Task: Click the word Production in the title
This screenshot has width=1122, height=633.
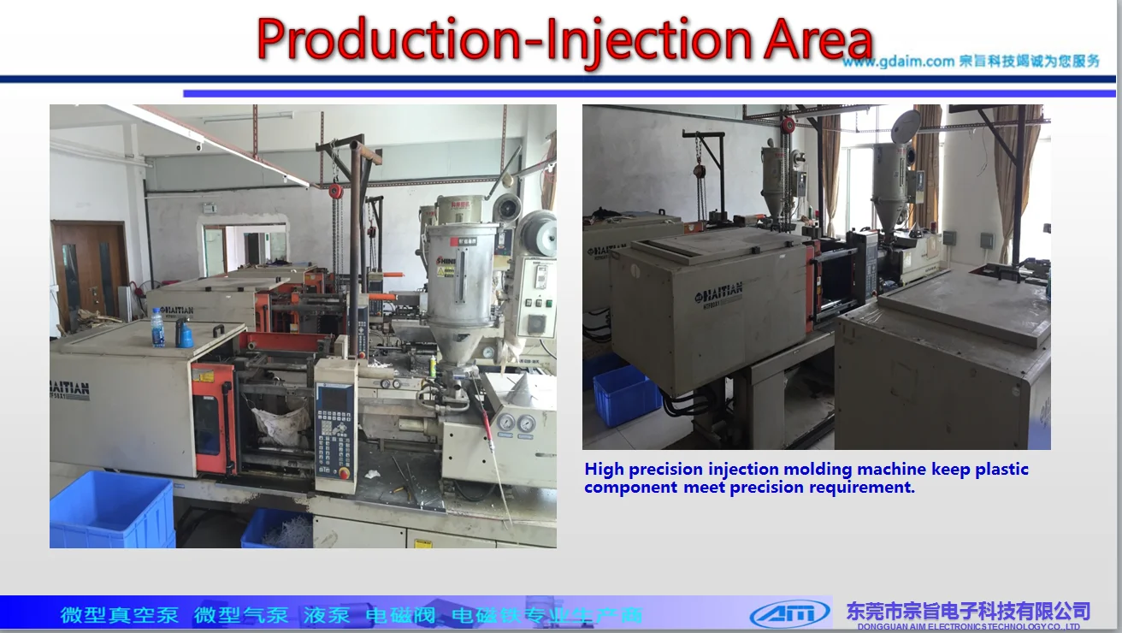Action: [x=385, y=40]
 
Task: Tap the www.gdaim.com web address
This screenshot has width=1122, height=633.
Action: [x=898, y=62]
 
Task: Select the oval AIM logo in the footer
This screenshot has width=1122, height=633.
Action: [x=789, y=612]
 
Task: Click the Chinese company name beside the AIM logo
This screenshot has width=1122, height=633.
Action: [x=968, y=611]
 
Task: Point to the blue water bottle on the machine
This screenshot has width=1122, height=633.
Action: [x=157, y=328]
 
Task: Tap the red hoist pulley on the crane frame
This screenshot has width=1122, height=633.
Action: [x=336, y=189]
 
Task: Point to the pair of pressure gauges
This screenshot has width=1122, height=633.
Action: [x=516, y=422]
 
